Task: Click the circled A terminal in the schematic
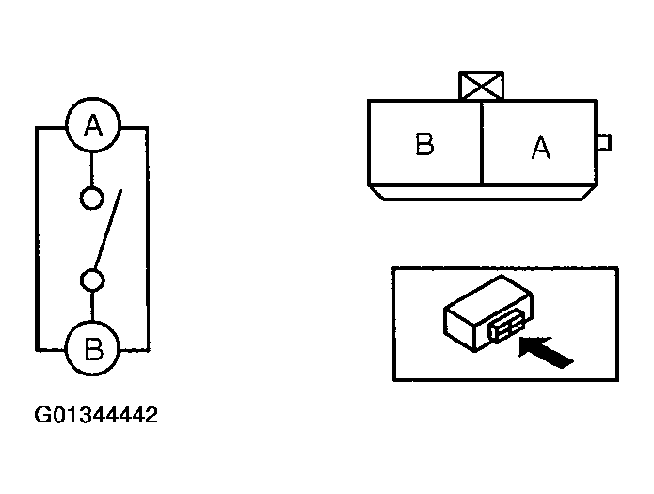[x=93, y=126]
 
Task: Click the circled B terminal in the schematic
[x=93, y=349]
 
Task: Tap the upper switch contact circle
[x=93, y=199]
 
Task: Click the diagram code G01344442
[x=97, y=414]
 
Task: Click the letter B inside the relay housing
[x=424, y=146]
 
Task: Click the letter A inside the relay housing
[x=540, y=149]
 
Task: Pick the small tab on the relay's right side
[x=604, y=142]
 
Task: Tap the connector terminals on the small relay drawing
[x=501, y=329]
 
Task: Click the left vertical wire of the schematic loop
[x=37, y=235]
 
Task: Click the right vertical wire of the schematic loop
[x=149, y=235]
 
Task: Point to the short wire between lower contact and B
[x=93, y=307]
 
